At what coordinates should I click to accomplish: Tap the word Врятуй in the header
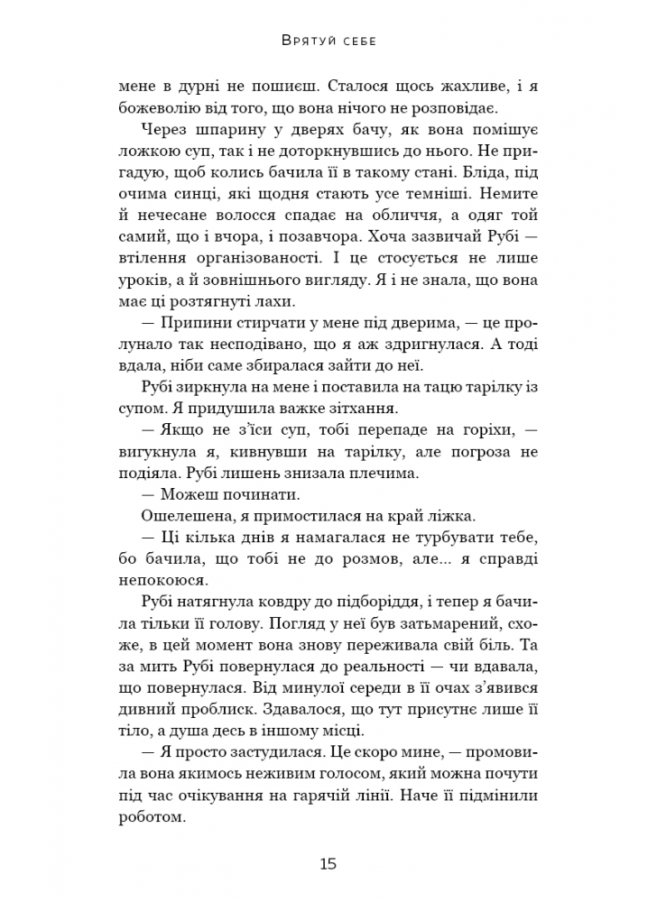304,41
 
